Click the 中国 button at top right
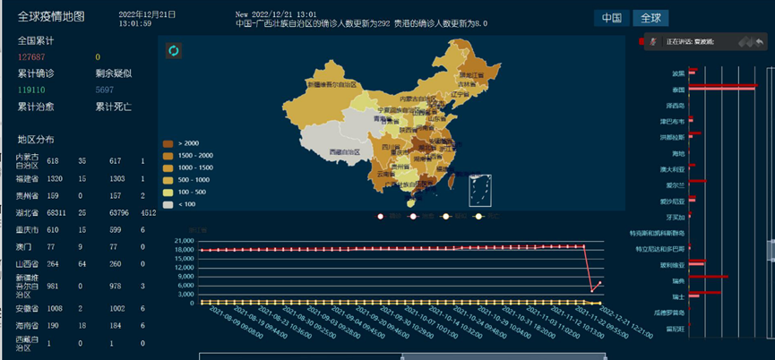tap(612, 18)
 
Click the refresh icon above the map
tap(174, 50)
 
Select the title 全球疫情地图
tap(52, 16)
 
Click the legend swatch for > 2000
tap(167, 143)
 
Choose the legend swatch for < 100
tap(167, 204)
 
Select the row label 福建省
tap(28, 180)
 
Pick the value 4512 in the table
tap(149, 212)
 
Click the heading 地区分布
tap(36, 140)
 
